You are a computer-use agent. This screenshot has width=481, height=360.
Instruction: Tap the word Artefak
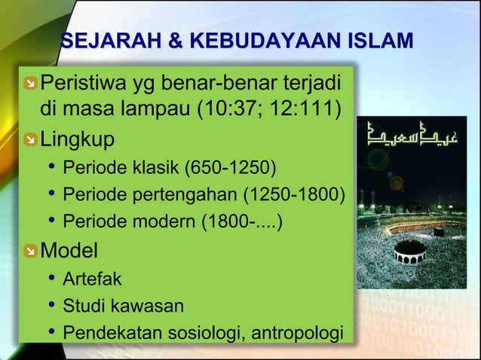91,279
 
